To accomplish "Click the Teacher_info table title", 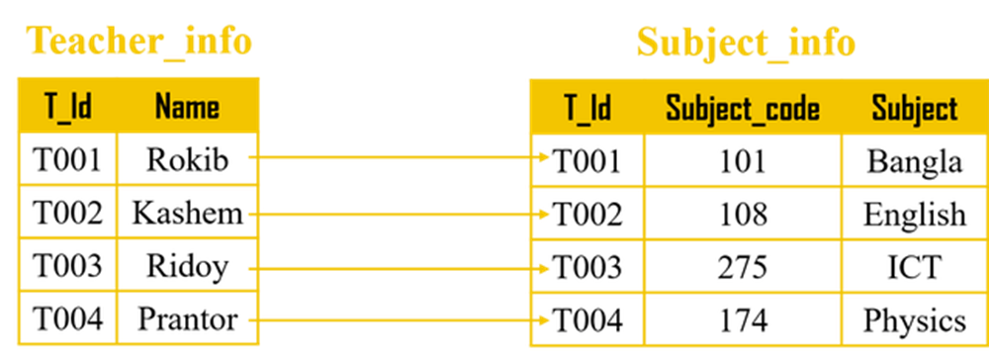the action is pos(138,43).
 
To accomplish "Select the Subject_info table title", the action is pos(746,44).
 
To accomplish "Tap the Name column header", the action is pos(187,106).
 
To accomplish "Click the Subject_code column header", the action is pos(743,109).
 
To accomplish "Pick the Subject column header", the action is pos(915,108).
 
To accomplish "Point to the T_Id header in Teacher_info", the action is pos(68,106).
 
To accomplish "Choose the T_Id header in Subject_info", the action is pos(587,108).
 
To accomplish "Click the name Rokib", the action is pos(187,159).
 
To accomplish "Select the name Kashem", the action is pos(187,213).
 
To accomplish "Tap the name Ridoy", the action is pos(187,266).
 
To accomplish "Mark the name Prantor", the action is pos(187,319).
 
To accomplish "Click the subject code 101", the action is pos(743,161).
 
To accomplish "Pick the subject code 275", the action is pos(743,267).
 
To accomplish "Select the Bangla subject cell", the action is pos(915,161).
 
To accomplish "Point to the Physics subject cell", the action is pos(915,320).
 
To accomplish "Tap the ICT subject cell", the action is pos(915,267).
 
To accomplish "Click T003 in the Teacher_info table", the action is pos(67,266).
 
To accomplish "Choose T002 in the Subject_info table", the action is pos(587,215).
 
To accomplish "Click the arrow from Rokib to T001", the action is pos(400,157).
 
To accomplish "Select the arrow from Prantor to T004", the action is pos(400,319).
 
